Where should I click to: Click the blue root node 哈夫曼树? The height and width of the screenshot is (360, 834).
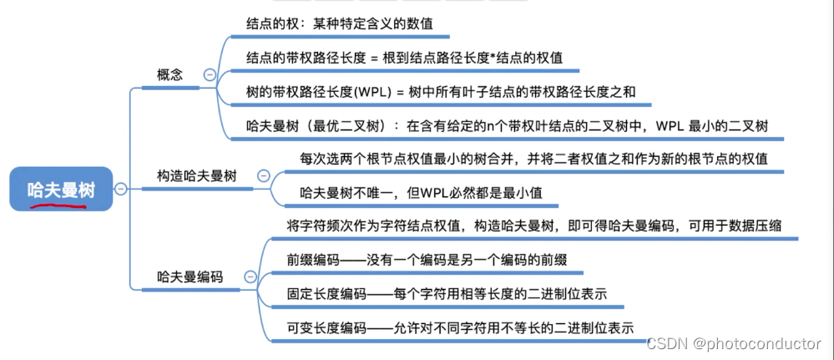coord(61,190)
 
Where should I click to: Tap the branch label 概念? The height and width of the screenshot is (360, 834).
coord(169,75)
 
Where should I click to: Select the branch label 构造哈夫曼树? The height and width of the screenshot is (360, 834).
coord(196,176)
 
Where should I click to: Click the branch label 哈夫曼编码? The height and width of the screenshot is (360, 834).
coord(190,276)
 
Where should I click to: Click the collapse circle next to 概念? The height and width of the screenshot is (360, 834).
coord(209,75)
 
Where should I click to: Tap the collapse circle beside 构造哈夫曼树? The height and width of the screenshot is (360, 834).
coord(264,176)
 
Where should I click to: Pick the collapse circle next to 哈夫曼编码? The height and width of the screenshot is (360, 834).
coord(250,276)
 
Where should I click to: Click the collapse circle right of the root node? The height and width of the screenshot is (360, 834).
coord(120,190)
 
